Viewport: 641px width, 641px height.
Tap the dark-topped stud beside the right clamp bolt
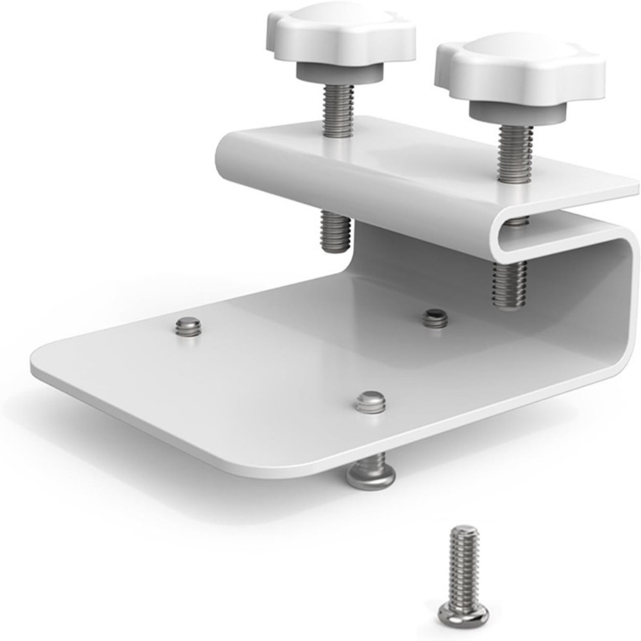coord(436,317)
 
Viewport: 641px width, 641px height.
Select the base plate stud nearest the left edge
coord(188,326)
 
